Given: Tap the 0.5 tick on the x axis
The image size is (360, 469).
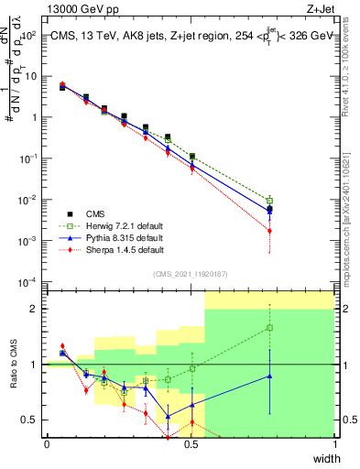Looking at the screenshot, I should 191,444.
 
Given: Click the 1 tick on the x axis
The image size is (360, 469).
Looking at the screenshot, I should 335,444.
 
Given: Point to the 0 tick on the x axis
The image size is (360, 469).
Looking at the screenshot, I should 47,444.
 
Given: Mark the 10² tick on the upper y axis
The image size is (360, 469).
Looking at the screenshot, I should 29,36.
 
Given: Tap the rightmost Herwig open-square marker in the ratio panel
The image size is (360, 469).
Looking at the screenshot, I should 269,327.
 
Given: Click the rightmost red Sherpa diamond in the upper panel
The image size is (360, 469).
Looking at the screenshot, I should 269,231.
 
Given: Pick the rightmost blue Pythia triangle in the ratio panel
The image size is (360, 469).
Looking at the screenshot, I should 269,376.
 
